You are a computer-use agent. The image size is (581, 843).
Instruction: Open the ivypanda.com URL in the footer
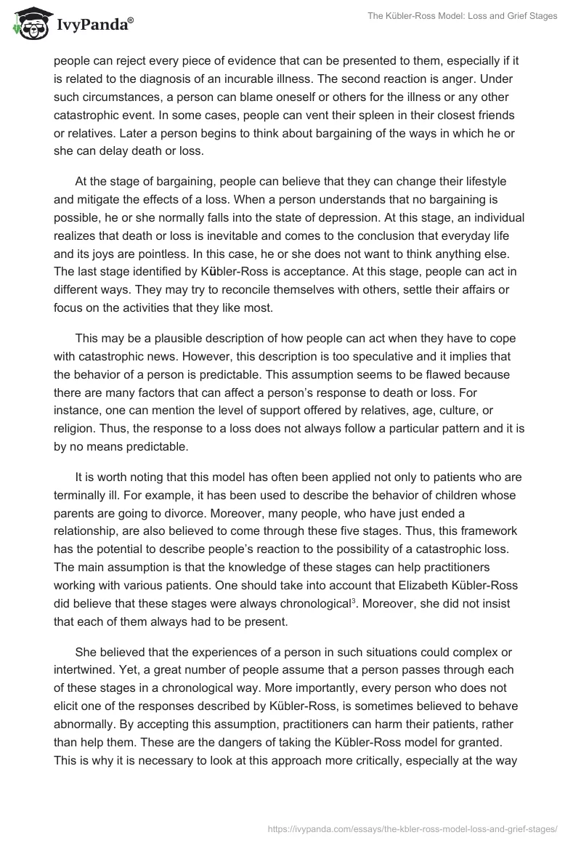pyautogui.click(x=412, y=827)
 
